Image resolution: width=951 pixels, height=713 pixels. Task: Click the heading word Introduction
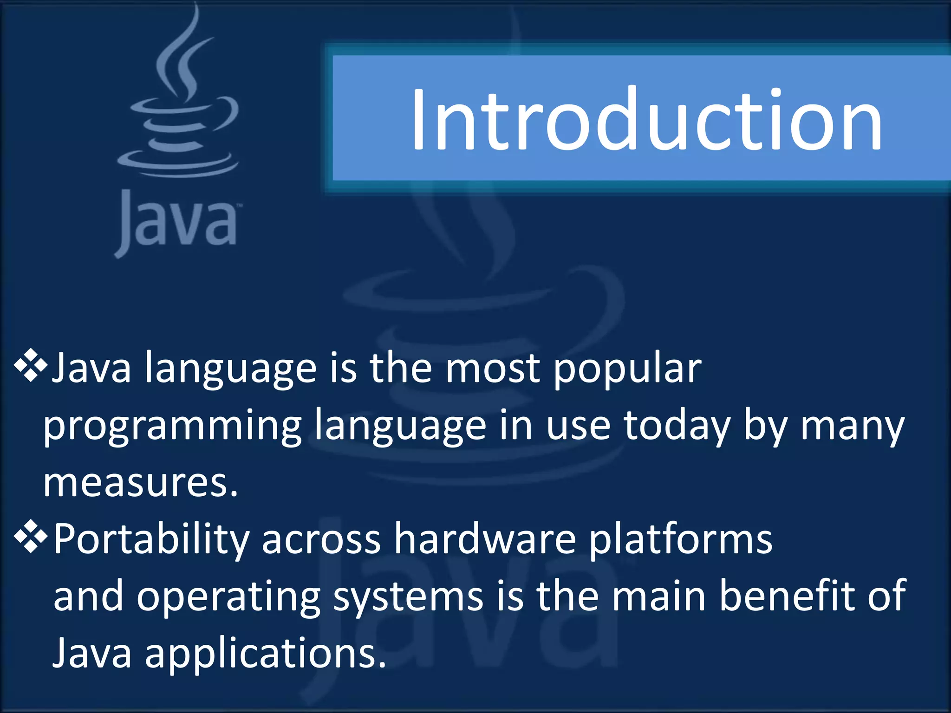pos(645,120)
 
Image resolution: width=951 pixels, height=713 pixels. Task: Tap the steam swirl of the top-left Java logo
pos(183,56)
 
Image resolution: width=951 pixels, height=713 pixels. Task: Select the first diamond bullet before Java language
pos(31,366)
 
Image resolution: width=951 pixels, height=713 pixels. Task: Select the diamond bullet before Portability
pos(31,537)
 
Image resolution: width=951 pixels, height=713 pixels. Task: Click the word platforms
pos(681,540)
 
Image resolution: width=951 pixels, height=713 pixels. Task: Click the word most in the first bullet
pos(492,369)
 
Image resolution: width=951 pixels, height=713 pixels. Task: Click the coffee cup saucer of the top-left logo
pos(178,165)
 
